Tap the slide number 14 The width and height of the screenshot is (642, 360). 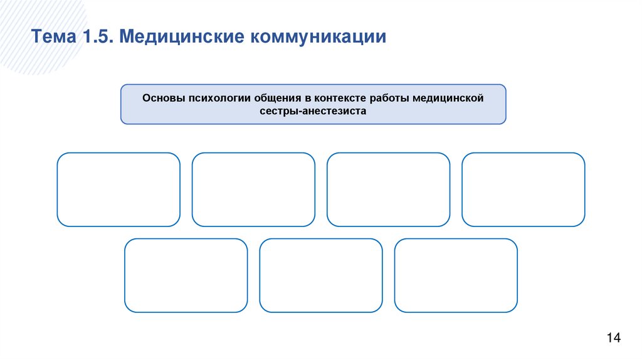pyautogui.click(x=613, y=339)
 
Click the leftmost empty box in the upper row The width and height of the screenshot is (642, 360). pyautogui.click(x=118, y=189)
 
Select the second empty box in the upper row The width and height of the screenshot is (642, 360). pyautogui.click(x=253, y=189)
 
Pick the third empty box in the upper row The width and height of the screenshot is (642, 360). pyautogui.click(x=389, y=189)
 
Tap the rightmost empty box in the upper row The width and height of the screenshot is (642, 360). pyautogui.click(x=524, y=189)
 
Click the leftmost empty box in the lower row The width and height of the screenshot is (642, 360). pyautogui.click(x=186, y=275)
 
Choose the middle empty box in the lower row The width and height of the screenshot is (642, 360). pyautogui.click(x=321, y=275)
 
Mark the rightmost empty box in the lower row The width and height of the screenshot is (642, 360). pyautogui.click(x=456, y=275)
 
